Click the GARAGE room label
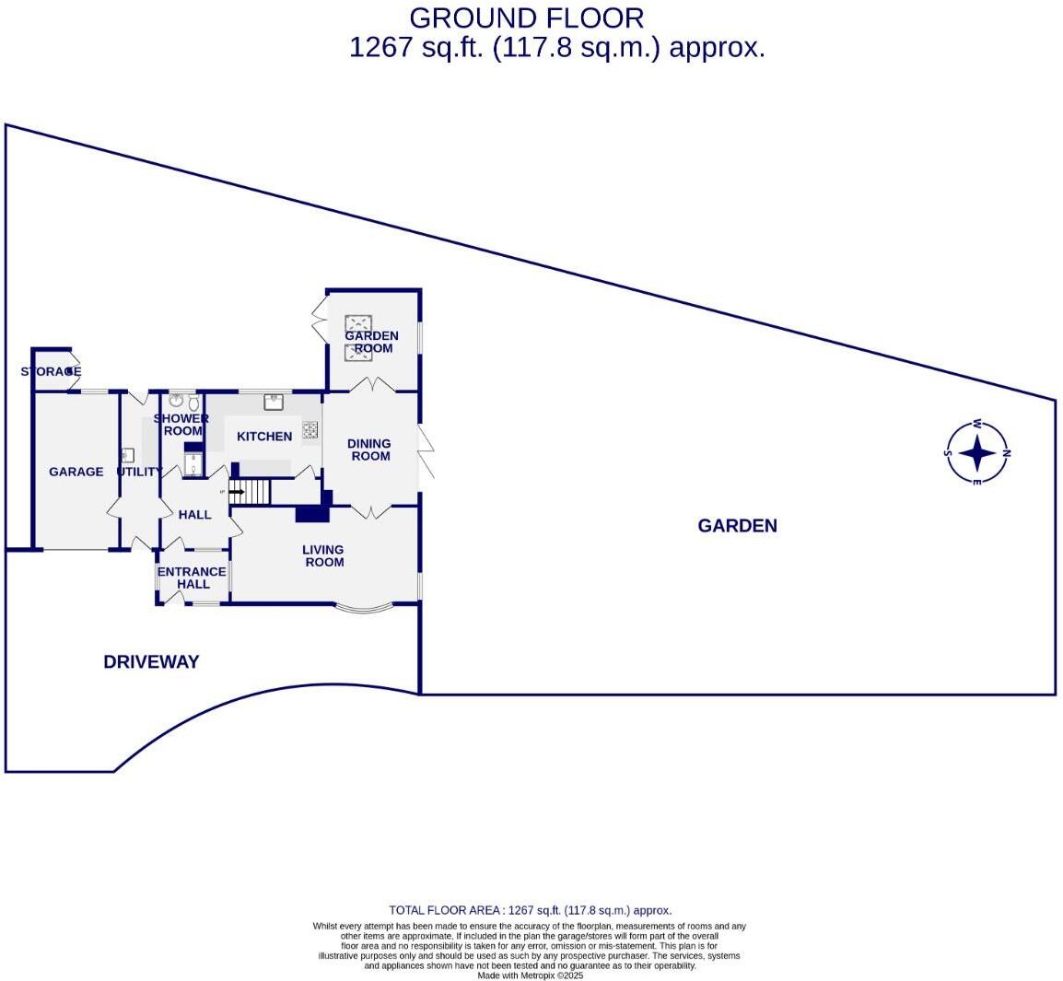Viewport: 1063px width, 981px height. (76, 472)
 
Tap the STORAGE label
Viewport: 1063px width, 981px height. (51, 371)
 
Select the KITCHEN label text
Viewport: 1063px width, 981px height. (264, 437)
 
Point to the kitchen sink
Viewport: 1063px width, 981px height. (274, 402)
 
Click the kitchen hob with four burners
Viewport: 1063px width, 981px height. (310, 429)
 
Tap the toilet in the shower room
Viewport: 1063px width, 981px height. (193, 403)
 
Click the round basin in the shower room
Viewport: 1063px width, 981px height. (176, 402)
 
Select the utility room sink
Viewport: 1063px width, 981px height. (127, 455)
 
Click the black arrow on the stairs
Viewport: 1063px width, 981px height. (237, 492)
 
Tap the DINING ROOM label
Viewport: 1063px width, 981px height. (369, 450)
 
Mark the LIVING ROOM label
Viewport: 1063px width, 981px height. (324, 555)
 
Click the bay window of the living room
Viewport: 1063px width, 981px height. (364, 607)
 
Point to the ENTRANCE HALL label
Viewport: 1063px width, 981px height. (192, 578)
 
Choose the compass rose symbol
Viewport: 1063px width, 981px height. (976, 452)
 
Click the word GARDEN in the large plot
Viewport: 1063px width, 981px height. (737, 526)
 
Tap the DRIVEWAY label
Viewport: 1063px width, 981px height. (151, 661)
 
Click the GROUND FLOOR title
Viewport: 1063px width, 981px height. (526, 18)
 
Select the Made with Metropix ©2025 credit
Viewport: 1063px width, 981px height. (530, 975)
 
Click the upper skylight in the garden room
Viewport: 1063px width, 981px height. (358, 323)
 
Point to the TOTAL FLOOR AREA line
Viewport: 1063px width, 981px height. (530, 910)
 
